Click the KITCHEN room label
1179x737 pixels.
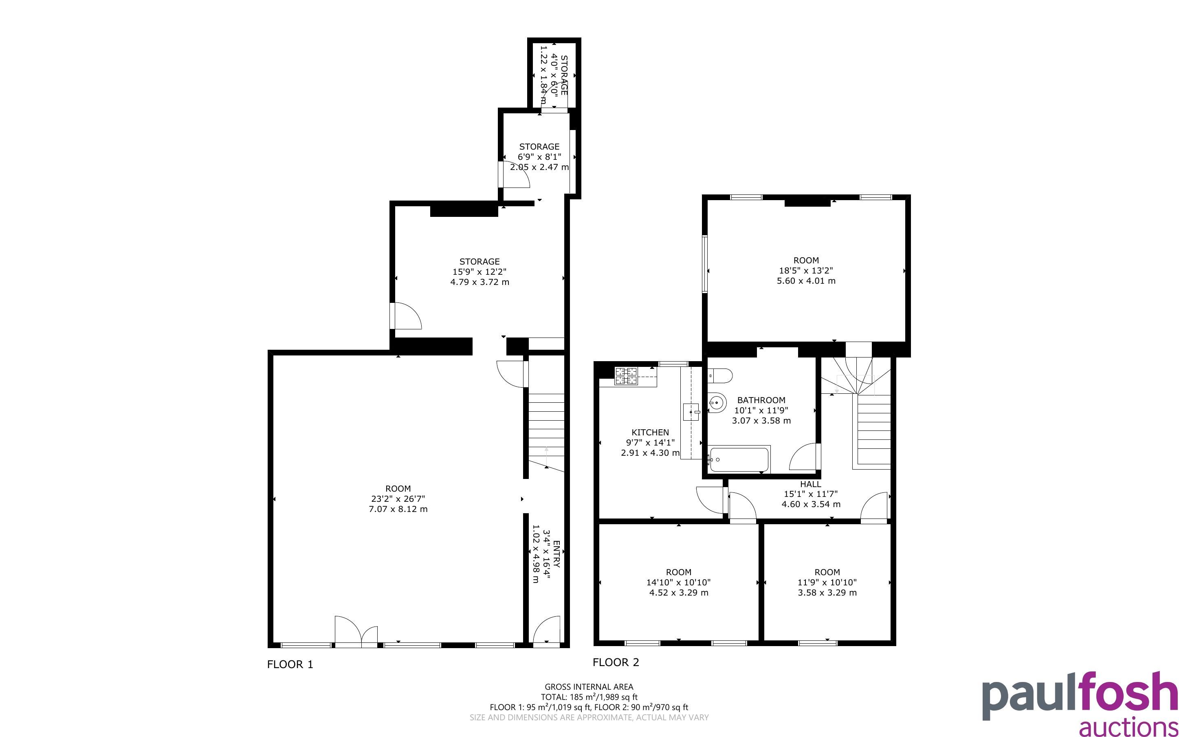pyautogui.click(x=650, y=432)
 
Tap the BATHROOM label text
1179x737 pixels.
pyautogui.click(x=761, y=400)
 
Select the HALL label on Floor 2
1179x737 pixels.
pyautogui.click(x=811, y=484)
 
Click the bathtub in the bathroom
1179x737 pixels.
pyautogui.click(x=739, y=459)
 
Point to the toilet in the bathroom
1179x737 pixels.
pyautogui.click(x=720, y=375)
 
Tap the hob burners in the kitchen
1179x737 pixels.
pyautogui.click(x=626, y=376)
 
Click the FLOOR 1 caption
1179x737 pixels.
pyautogui.click(x=290, y=664)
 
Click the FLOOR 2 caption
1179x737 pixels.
pyautogui.click(x=616, y=662)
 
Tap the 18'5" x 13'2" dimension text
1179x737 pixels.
pyautogui.click(x=806, y=271)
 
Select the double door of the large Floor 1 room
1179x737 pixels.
pyautogui.click(x=356, y=632)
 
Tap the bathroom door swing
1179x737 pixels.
pyautogui.click(x=805, y=457)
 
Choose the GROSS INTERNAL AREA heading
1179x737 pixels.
pyautogui.click(x=589, y=687)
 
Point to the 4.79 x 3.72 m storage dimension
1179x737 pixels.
pyautogui.click(x=480, y=282)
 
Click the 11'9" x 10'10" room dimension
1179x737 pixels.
pyautogui.click(x=827, y=583)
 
